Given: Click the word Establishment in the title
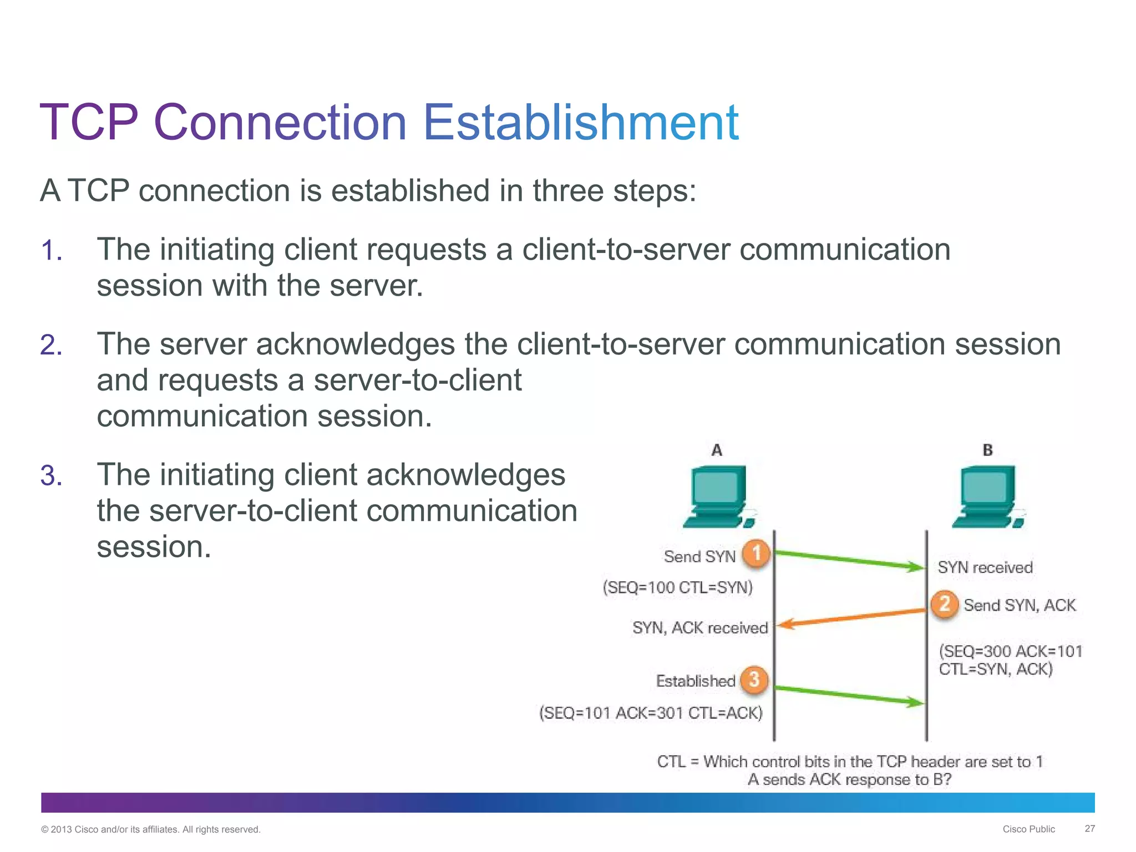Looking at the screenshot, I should point(580,123).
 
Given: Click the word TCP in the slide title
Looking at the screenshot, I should point(89,123).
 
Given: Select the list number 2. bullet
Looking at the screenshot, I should point(51,346).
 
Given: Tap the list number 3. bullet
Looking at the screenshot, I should point(51,476).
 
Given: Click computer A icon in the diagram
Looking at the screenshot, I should point(719,496).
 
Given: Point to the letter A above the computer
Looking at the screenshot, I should point(717,450).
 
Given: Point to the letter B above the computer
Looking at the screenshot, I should point(988,450).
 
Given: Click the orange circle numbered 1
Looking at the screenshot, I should point(756,553).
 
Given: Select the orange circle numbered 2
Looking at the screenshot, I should point(945,603).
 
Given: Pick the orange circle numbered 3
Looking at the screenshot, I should point(754,679).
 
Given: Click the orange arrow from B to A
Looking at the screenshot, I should point(851,617).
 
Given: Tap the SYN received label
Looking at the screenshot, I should point(985,567).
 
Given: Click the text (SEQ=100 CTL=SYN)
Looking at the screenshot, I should point(678,587).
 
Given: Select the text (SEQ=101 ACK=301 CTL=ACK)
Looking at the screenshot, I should point(651,713).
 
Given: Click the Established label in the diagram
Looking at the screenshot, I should point(696,681).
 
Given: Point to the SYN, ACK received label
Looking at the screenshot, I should point(700,628).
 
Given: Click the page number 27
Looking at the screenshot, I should point(1089,829).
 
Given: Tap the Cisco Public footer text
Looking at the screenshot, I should point(1028,829).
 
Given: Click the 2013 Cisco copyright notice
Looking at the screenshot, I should point(151,830).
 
